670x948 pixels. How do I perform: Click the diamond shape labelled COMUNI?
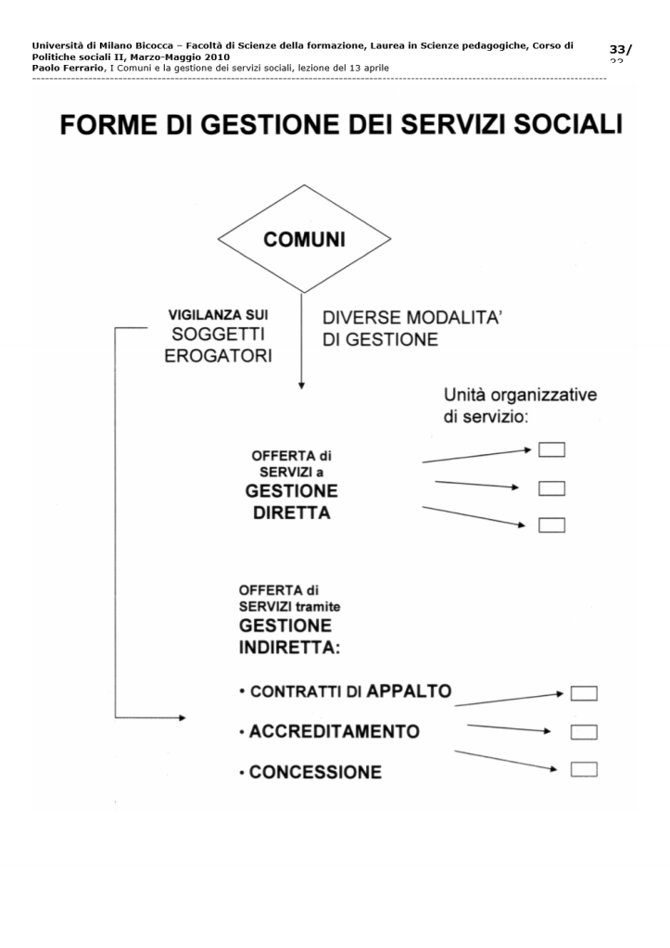click(304, 240)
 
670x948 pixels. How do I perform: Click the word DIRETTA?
click(291, 513)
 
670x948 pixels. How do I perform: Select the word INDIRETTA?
click(289, 646)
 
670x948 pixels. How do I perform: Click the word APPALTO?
click(410, 690)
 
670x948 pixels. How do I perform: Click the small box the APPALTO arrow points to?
click(583, 693)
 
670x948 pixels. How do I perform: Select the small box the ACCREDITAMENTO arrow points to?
click(583, 732)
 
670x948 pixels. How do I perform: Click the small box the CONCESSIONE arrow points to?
click(583, 768)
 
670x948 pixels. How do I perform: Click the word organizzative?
click(544, 396)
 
